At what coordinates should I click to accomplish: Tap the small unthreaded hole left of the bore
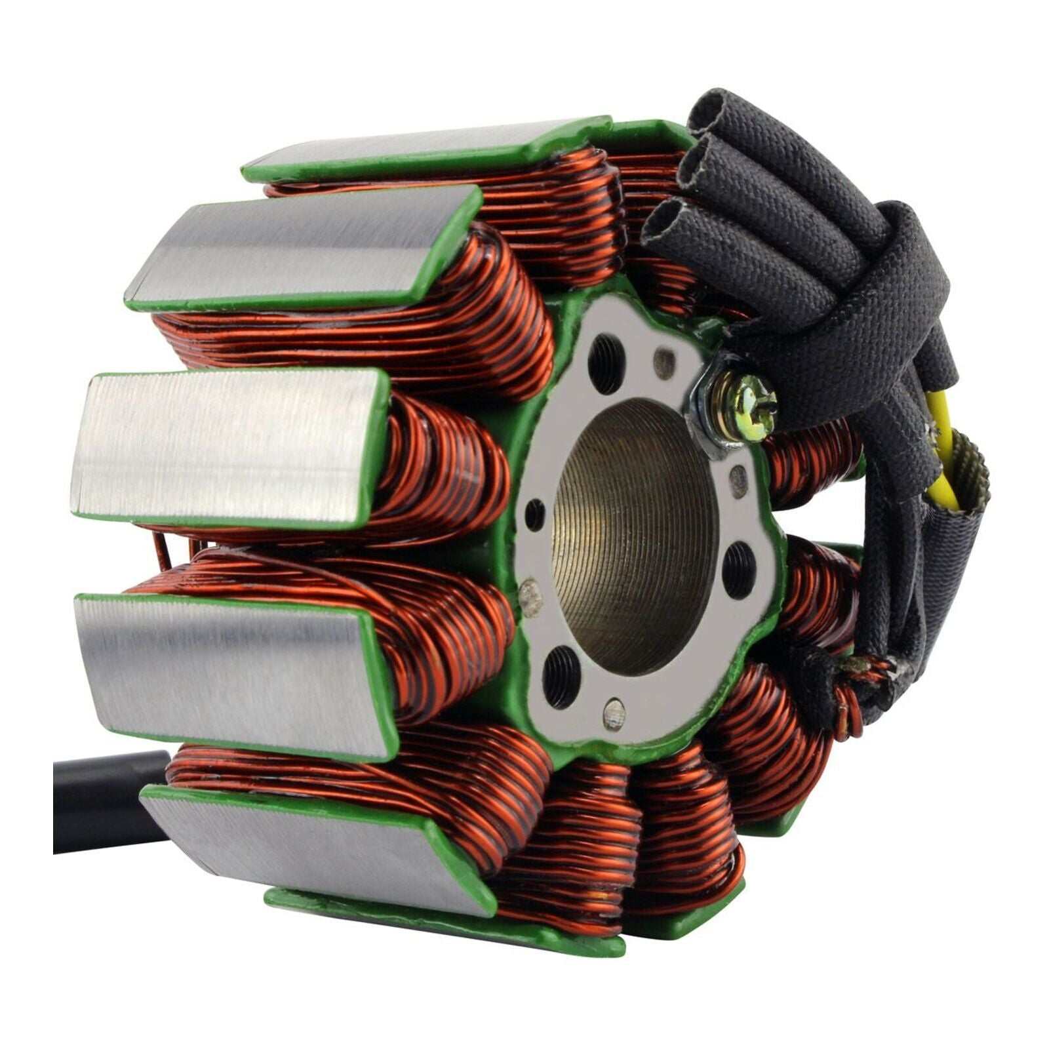[535, 514]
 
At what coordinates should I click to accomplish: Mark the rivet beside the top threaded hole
[665, 358]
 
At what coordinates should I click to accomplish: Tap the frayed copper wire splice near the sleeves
[865, 669]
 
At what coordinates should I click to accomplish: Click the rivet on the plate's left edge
[529, 597]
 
